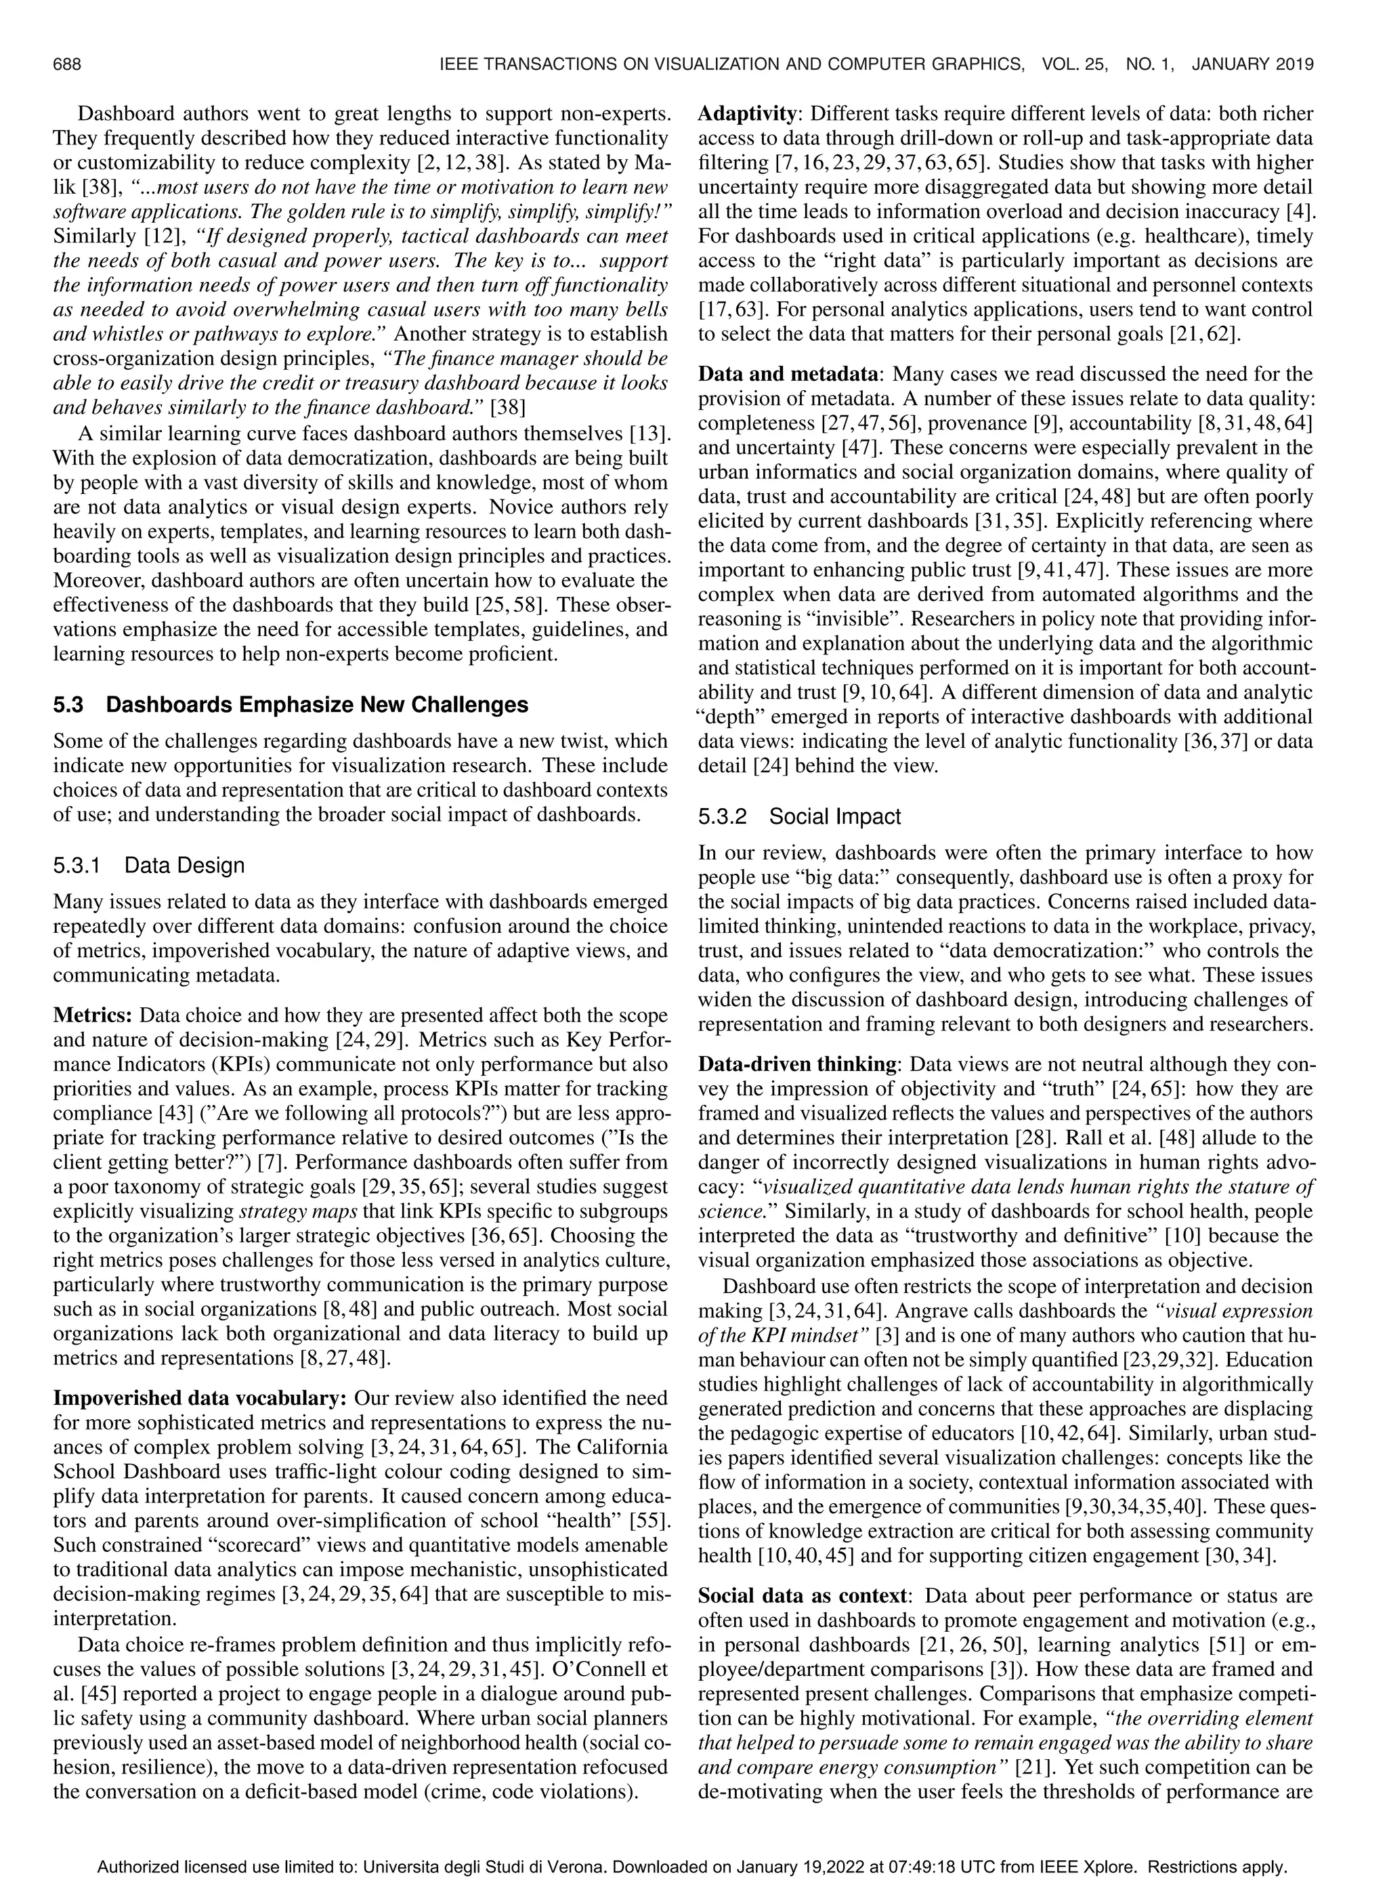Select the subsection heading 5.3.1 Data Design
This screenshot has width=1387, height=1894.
pos(148,866)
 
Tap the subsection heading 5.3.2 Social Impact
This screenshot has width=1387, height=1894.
pos(799,816)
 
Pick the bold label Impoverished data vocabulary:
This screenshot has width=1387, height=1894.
pos(200,1398)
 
